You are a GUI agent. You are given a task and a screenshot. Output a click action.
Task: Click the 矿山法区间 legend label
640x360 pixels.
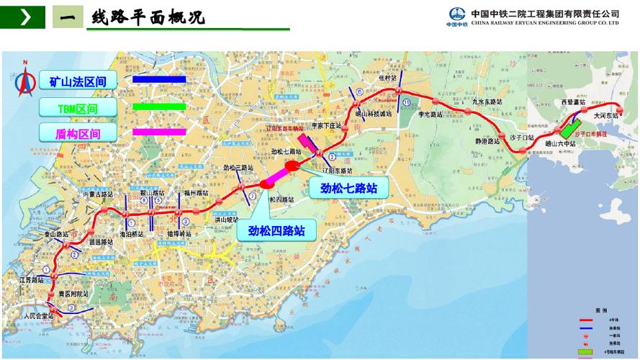(x=78, y=82)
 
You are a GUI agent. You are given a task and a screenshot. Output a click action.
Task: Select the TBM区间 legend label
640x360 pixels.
(x=78, y=108)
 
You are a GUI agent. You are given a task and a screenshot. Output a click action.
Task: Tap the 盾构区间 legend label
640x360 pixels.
(x=78, y=134)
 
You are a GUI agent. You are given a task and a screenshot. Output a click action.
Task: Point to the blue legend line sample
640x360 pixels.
(x=159, y=79)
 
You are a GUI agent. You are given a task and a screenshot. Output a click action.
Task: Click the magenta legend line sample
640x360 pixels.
(x=159, y=132)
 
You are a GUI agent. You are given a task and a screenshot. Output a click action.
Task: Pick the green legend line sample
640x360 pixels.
(x=159, y=107)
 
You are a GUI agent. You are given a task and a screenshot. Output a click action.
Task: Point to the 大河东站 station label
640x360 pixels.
(x=605, y=114)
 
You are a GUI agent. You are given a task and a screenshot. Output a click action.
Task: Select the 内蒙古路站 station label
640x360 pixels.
(x=98, y=194)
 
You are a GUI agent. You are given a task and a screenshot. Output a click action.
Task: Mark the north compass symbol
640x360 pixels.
(x=24, y=81)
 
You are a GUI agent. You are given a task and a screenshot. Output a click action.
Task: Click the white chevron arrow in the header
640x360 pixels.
(x=26, y=17)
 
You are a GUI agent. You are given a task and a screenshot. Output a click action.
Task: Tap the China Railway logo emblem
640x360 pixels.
(x=457, y=15)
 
